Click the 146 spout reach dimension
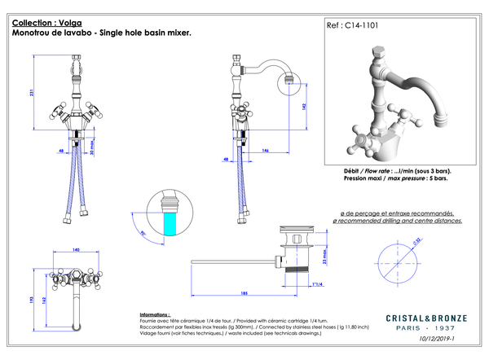(266, 151)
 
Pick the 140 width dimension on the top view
(74, 250)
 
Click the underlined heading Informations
(155, 314)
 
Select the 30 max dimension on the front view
(92, 149)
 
